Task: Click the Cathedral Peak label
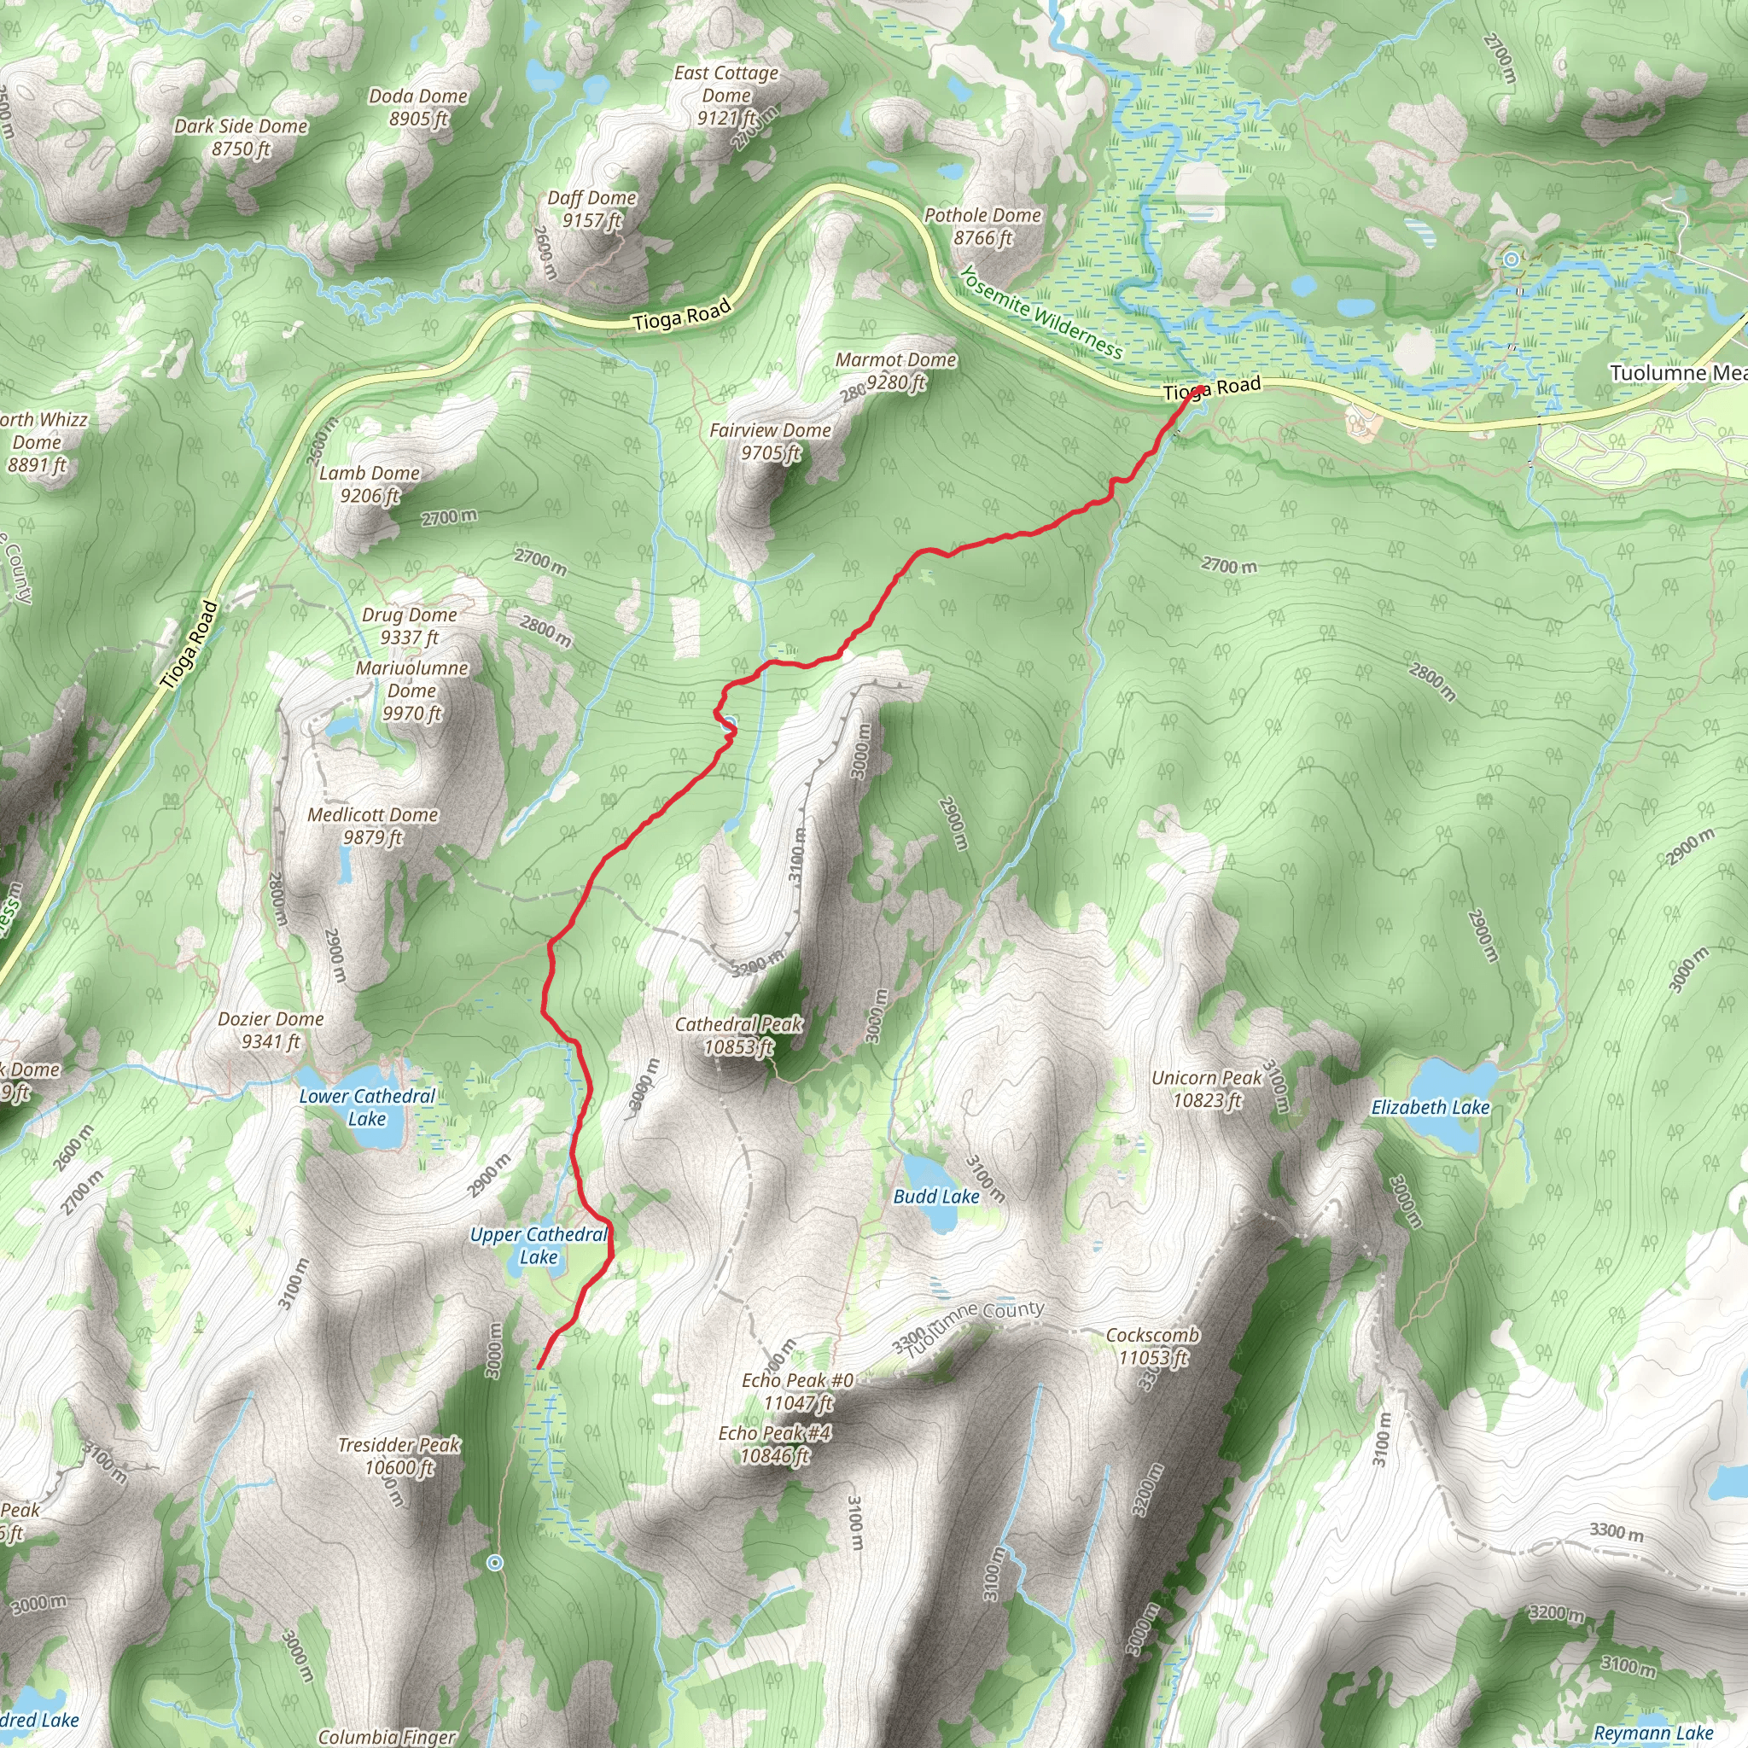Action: pos(738,1035)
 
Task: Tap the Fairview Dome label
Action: pos(770,440)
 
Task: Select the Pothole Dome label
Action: pos(982,226)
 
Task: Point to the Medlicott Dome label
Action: pos(373,825)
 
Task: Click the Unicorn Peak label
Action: pos(1207,1088)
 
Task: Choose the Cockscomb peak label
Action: pos(1152,1345)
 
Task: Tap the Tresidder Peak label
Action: pos(399,1456)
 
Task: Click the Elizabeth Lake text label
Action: pos(1430,1107)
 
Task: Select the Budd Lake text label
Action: pos(936,1196)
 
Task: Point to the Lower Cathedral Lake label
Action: pos(367,1106)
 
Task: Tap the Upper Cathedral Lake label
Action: pos(539,1245)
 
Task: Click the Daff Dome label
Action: pos(591,209)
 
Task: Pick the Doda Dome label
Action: pos(418,107)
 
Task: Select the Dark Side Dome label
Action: pos(241,137)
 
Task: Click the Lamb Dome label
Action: pos(369,484)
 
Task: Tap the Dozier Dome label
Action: pos(271,1029)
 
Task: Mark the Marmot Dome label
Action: pos(895,370)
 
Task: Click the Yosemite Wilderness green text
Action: pos(1040,313)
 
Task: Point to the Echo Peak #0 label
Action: pos(797,1390)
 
